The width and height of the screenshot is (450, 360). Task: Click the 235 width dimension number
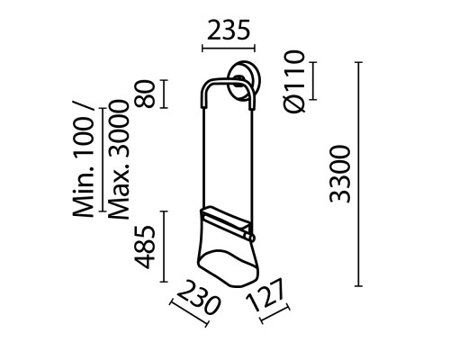pos(229,31)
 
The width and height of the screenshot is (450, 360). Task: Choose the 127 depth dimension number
pos(270,298)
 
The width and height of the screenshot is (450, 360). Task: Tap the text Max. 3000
pos(118,170)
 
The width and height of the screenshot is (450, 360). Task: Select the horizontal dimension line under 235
pos(229,49)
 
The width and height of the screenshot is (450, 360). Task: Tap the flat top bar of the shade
pos(227,217)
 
